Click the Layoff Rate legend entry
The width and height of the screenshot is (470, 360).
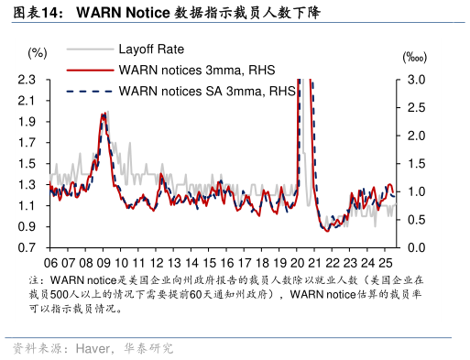(x=150, y=49)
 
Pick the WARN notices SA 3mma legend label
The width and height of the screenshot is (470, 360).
(x=206, y=91)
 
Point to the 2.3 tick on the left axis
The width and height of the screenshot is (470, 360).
(x=27, y=81)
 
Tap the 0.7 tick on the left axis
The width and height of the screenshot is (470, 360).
(x=27, y=248)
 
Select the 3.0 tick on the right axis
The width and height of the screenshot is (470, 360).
(x=417, y=81)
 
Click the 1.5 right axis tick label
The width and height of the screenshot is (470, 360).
(x=417, y=164)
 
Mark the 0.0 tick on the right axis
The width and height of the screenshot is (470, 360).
(x=417, y=248)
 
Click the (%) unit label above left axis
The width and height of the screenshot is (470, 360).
(x=38, y=52)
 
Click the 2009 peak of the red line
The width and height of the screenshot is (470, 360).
(x=104, y=115)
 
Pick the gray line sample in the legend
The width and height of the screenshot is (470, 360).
(x=89, y=49)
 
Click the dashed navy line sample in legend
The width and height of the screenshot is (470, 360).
(x=89, y=91)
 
